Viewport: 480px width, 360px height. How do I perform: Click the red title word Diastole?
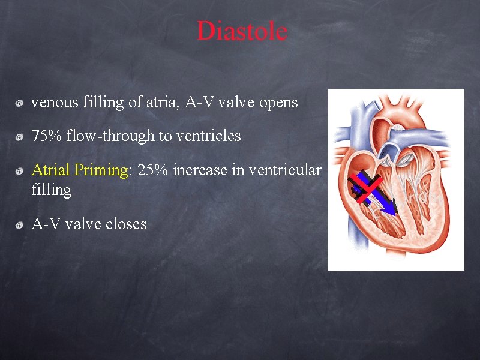pos(242,31)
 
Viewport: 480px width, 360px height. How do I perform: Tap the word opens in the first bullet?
pos(278,103)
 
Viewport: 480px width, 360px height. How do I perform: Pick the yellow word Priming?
pos(102,170)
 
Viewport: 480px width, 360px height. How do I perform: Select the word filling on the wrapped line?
pos(51,190)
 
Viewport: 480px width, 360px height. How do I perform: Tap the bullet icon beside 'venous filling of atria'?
pos(20,104)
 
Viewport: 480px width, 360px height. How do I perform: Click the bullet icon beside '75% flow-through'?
pos(20,137)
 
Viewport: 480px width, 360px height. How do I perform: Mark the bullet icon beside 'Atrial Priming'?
pos(20,171)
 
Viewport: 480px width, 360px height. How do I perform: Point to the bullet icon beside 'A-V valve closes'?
pos(20,225)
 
